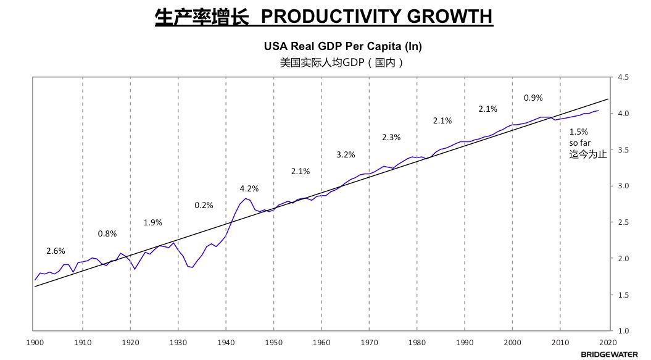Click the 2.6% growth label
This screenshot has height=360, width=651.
pos(56,251)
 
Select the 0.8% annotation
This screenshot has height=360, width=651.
pos(107,233)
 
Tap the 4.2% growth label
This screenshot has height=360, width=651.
pos(249,189)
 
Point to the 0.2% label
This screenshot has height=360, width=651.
pos(204,206)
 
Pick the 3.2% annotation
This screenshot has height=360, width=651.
pos(346,155)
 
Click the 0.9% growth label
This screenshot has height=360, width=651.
pos(533,98)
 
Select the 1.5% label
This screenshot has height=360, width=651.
pos(579,132)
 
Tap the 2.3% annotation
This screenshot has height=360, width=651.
pos(391,137)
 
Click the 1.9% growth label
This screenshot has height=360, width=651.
pos(154,223)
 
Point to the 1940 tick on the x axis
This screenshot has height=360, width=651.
pos(226,341)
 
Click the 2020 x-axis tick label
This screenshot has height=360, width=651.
pos(608,341)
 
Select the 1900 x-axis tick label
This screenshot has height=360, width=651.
pos(35,341)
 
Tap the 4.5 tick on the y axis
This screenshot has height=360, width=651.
pos(623,78)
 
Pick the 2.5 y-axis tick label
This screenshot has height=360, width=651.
pos(623,222)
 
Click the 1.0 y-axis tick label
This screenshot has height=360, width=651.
pos(623,331)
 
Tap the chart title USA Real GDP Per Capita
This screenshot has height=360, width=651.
pos(343,46)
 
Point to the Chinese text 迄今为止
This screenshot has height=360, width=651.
pos(588,154)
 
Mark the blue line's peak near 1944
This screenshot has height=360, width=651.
pos(246,198)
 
